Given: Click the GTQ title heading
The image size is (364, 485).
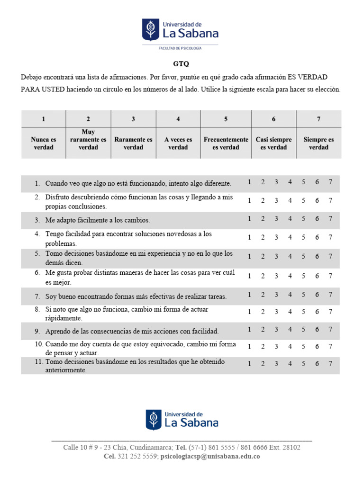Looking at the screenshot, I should coord(182,64).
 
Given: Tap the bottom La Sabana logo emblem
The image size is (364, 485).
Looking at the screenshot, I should coord(154,419).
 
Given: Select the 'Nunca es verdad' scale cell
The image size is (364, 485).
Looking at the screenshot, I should coord(43,143).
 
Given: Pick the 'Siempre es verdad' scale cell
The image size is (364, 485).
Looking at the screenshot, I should coord(318,143).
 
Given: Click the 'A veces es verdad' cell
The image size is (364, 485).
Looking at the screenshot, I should coord(178,143).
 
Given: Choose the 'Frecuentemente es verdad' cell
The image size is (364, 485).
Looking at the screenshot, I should coord(226,143).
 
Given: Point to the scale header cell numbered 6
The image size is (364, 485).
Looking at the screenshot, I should coord(273,119).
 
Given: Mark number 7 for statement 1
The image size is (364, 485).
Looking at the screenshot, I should coord(330,182).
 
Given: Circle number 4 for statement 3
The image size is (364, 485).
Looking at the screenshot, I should coord(290,218).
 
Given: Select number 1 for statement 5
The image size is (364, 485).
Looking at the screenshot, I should coord(249,256).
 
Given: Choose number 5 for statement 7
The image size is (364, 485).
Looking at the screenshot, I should coord(303,295).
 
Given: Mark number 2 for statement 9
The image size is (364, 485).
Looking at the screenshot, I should coord(263,329).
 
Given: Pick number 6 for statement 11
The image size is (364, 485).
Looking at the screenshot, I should coord(317,364).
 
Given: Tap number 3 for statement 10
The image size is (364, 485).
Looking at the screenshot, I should coord(276,347).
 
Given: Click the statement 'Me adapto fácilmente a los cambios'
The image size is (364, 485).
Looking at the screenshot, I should coord(98,220).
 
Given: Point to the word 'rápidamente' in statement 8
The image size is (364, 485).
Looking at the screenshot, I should coord(65,318).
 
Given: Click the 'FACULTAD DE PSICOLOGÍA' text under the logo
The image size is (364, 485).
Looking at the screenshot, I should coord(180,48).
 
